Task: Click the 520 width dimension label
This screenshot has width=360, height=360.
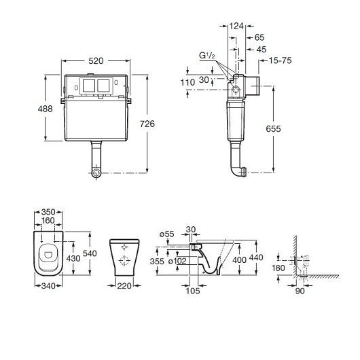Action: pyautogui.click(x=96, y=61)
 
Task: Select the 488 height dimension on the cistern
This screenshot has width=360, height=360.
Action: pyautogui.click(x=46, y=109)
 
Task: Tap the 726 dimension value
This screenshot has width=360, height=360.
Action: pyautogui.click(x=147, y=124)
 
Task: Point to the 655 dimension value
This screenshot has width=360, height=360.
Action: pyautogui.click(x=273, y=129)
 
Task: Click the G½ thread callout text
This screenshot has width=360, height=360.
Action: pyautogui.click(x=207, y=56)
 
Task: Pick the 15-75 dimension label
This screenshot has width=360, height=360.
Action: pyautogui.click(x=280, y=60)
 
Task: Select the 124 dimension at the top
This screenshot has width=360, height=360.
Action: pyautogui.click(x=236, y=26)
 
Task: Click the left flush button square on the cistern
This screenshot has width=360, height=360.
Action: pyautogui.click(x=89, y=86)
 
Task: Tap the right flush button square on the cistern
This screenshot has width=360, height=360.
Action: pyautogui.click(x=103, y=86)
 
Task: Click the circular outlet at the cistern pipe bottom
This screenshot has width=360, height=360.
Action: pyautogui.click(x=96, y=173)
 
